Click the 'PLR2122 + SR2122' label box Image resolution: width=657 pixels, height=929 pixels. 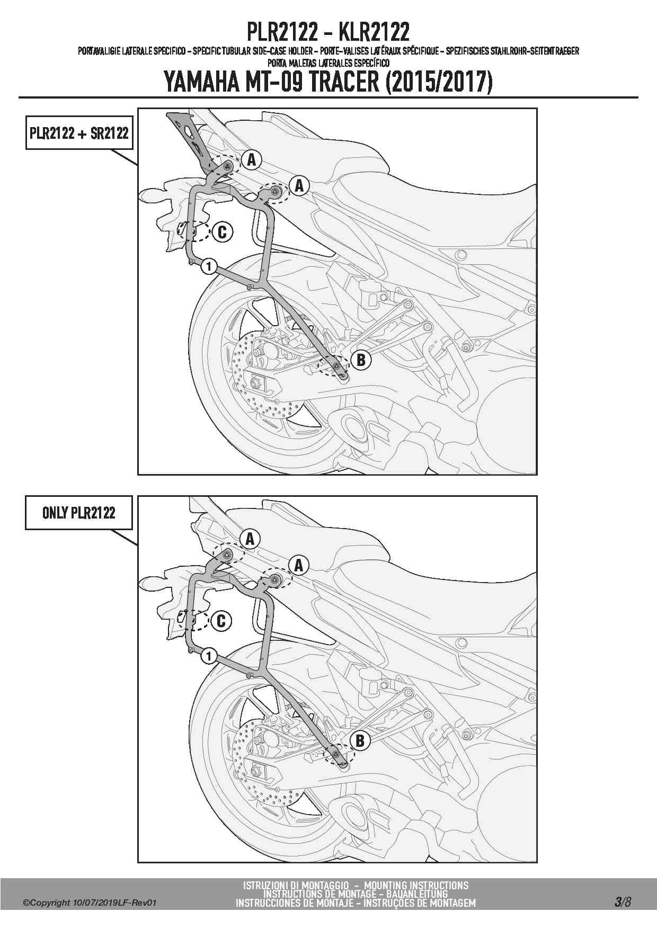tap(79, 133)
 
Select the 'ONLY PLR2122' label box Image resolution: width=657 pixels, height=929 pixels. tap(79, 512)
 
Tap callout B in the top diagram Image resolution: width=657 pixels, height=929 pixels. tap(361, 360)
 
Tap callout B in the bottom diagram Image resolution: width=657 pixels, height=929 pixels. tap(360, 740)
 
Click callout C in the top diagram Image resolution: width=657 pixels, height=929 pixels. tap(222, 232)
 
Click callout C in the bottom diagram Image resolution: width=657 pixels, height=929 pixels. tap(221, 621)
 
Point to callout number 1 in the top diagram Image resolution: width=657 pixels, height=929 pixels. tap(209, 266)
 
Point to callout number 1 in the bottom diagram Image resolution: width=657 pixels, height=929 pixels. tap(209, 656)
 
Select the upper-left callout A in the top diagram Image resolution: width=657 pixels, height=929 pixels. tap(251, 159)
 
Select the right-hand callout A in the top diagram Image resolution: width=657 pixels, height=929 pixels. tap(299, 185)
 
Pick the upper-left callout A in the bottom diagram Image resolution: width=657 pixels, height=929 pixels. tap(250, 539)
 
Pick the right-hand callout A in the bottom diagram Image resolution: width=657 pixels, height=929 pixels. tap(299, 565)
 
